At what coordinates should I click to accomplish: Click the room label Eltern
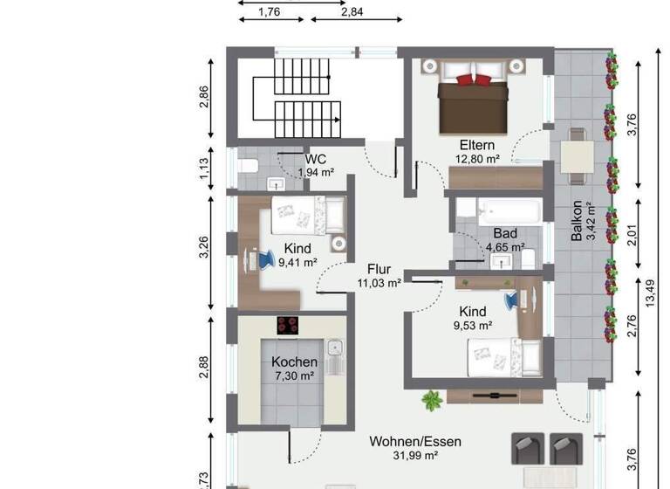(477, 145)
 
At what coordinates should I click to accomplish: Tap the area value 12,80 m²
(477, 159)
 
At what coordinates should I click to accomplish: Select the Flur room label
(379, 269)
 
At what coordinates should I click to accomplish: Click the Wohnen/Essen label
(415, 441)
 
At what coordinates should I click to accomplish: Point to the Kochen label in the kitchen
(288, 362)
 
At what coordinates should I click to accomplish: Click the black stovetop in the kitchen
(288, 325)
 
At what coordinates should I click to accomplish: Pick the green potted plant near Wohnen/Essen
(431, 401)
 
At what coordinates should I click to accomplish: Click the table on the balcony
(577, 156)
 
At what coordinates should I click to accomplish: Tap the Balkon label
(577, 224)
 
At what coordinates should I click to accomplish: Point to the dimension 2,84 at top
(353, 10)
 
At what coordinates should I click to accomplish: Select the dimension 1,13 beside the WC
(204, 165)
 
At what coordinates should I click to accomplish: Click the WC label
(315, 159)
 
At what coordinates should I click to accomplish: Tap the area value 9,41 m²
(297, 261)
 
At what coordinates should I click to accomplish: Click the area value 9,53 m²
(474, 325)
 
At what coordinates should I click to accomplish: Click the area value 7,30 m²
(288, 376)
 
